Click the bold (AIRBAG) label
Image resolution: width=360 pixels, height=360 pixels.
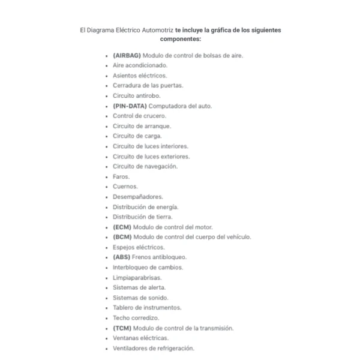click(x=127, y=55)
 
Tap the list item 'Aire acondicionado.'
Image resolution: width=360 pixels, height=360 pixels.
click(x=140, y=65)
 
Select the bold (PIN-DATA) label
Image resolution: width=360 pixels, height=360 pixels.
click(x=130, y=106)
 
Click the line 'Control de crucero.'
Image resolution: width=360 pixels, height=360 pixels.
click(x=139, y=116)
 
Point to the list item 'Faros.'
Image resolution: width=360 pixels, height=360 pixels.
click(x=121, y=176)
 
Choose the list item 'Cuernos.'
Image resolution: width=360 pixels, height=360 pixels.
click(x=125, y=187)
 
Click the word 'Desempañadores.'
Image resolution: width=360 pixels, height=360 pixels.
click(x=137, y=197)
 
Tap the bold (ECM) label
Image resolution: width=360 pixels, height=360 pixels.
click(x=122, y=227)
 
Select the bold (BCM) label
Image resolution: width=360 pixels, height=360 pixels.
click(x=122, y=237)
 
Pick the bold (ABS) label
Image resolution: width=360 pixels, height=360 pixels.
click(x=122, y=257)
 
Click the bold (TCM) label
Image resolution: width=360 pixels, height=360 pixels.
click(x=122, y=328)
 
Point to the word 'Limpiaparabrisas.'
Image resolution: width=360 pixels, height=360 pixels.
click(x=137, y=278)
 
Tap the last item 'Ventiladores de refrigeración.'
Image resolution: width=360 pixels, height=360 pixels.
click(x=153, y=349)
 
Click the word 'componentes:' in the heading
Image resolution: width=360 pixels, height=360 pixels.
click(x=181, y=38)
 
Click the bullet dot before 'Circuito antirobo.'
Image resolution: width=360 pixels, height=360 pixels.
click(x=107, y=96)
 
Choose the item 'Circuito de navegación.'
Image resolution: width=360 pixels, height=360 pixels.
click(x=145, y=166)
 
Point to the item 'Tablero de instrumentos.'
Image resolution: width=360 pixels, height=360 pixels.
click(x=146, y=308)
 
